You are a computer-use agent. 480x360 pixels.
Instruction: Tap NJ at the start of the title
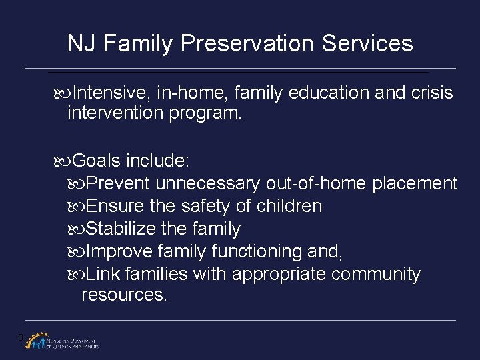83,44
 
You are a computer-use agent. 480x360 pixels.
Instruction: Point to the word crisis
432,93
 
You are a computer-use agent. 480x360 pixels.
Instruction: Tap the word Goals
97,161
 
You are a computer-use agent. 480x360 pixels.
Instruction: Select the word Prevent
121,183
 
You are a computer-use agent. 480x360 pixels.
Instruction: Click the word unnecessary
210,183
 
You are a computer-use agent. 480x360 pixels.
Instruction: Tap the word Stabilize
121,229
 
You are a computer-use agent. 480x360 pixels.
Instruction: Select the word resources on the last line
124,294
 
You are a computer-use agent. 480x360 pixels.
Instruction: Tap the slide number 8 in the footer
22,337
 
